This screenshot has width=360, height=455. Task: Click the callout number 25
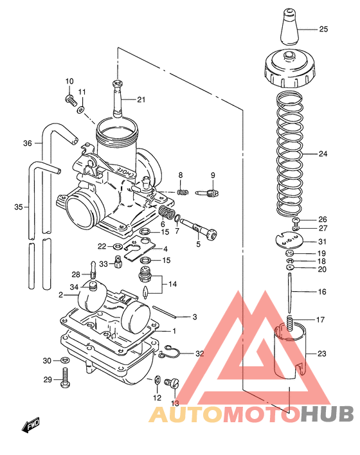(x=323, y=30)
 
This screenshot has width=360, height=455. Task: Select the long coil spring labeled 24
(x=291, y=154)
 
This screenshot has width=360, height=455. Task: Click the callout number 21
(x=141, y=99)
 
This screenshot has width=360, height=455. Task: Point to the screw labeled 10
(x=69, y=99)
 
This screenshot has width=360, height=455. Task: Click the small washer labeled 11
(x=80, y=110)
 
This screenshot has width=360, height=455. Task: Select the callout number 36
(x=27, y=143)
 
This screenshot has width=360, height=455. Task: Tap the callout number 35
(x=18, y=207)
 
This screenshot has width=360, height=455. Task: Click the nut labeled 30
(x=65, y=361)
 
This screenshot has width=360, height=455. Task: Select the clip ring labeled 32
(x=170, y=351)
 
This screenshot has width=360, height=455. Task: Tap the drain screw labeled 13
(x=171, y=383)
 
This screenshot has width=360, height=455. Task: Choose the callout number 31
(x=322, y=242)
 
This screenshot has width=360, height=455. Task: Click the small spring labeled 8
(x=182, y=191)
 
